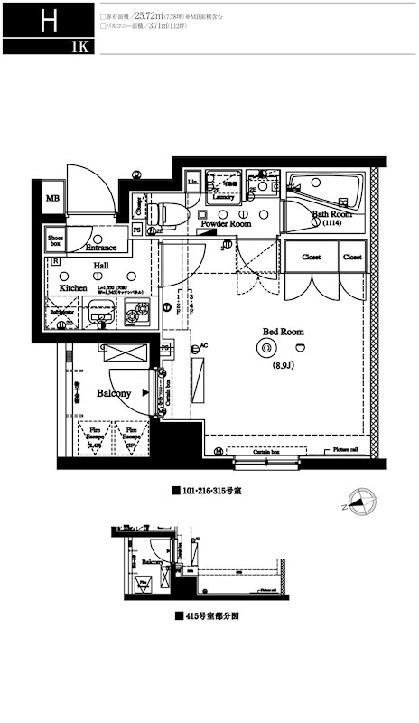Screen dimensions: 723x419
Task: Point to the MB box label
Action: [52, 198]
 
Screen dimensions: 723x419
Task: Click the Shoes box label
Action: [56, 239]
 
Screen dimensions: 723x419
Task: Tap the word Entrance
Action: [100, 247]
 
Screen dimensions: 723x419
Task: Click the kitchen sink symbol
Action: [98, 316]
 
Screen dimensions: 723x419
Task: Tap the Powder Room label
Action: [225, 223]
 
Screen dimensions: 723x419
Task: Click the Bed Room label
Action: [283, 332]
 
